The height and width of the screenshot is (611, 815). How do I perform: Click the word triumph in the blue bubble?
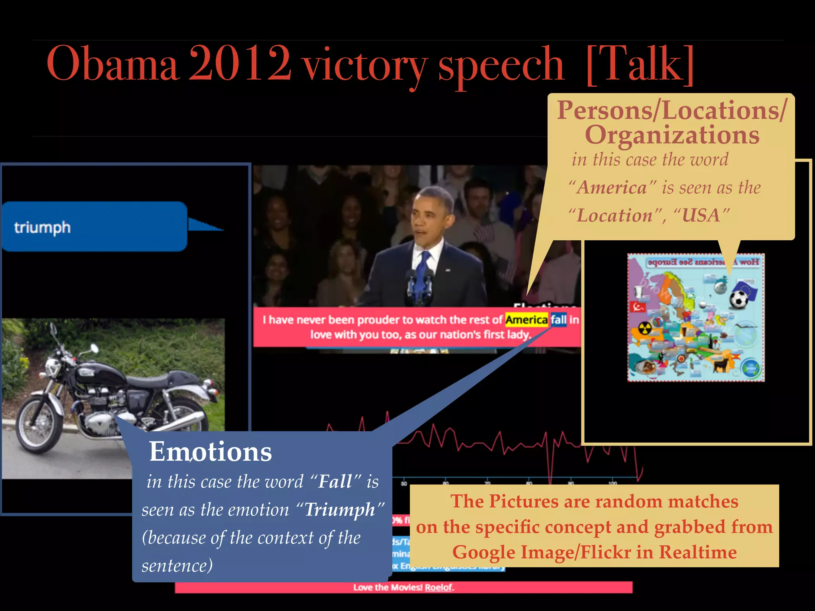tap(43, 228)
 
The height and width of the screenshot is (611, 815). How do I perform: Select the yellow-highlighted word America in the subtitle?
tap(526, 320)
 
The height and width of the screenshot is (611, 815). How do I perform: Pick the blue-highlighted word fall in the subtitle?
tap(558, 320)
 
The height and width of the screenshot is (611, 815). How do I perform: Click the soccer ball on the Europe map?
tap(739, 299)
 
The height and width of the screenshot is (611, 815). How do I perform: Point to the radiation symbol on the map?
tap(645, 329)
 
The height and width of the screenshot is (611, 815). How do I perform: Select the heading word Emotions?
tap(211, 452)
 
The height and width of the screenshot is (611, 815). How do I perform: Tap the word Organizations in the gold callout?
tap(672, 135)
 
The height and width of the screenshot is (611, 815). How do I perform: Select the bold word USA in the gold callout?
tap(701, 216)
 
